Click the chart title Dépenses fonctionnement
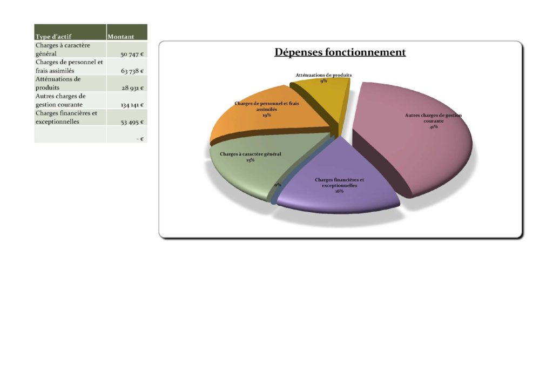point(340,52)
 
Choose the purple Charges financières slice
point(339,180)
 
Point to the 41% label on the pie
point(434,126)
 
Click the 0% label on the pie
point(278,185)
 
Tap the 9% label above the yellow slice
point(323,81)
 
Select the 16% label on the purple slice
point(339,191)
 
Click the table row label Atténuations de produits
point(58,83)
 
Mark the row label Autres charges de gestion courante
point(60,100)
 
